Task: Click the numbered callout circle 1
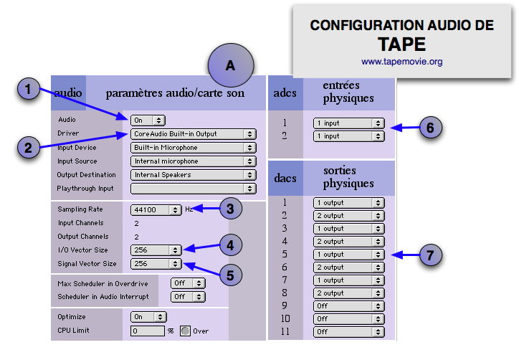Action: click(x=29, y=90)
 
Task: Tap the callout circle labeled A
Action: click(x=230, y=65)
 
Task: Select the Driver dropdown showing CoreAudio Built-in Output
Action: click(x=193, y=133)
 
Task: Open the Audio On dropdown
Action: click(x=148, y=120)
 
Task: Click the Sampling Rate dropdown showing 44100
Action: click(x=156, y=210)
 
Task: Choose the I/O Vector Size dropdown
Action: click(x=156, y=250)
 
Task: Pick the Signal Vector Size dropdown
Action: click(x=156, y=264)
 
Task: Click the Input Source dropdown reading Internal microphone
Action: click(x=193, y=161)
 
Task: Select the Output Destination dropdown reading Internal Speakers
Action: click(x=193, y=174)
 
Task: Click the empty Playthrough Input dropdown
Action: click(x=193, y=188)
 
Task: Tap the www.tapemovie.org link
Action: click(x=401, y=62)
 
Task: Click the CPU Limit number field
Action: click(x=147, y=331)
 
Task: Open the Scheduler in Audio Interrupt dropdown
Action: click(x=188, y=296)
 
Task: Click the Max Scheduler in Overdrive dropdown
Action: click(x=188, y=283)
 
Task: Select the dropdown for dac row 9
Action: click(x=348, y=305)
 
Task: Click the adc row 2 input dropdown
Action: click(x=348, y=136)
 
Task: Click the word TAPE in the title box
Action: click(x=401, y=44)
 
